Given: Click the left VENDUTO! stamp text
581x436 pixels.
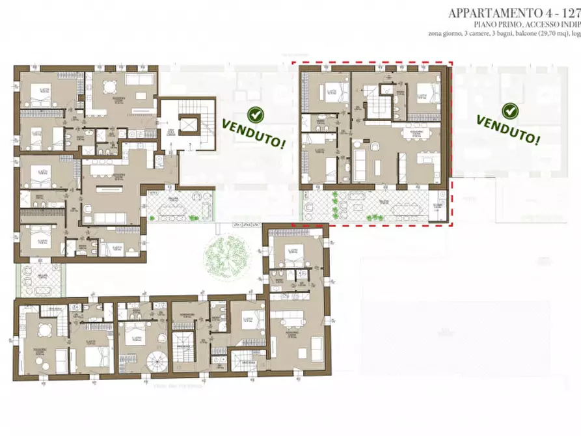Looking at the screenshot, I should click(x=254, y=133).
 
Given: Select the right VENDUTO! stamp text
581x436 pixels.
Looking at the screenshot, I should click(x=507, y=129).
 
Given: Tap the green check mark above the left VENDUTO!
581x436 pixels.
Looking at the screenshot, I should click(x=256, y=115).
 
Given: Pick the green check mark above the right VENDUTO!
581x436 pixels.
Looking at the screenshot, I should click(x=510, y=111).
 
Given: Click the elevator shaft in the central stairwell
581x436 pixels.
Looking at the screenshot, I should click(x=189, y=123).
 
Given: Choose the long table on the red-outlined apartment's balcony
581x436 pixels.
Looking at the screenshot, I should click(x=391, y=208).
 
